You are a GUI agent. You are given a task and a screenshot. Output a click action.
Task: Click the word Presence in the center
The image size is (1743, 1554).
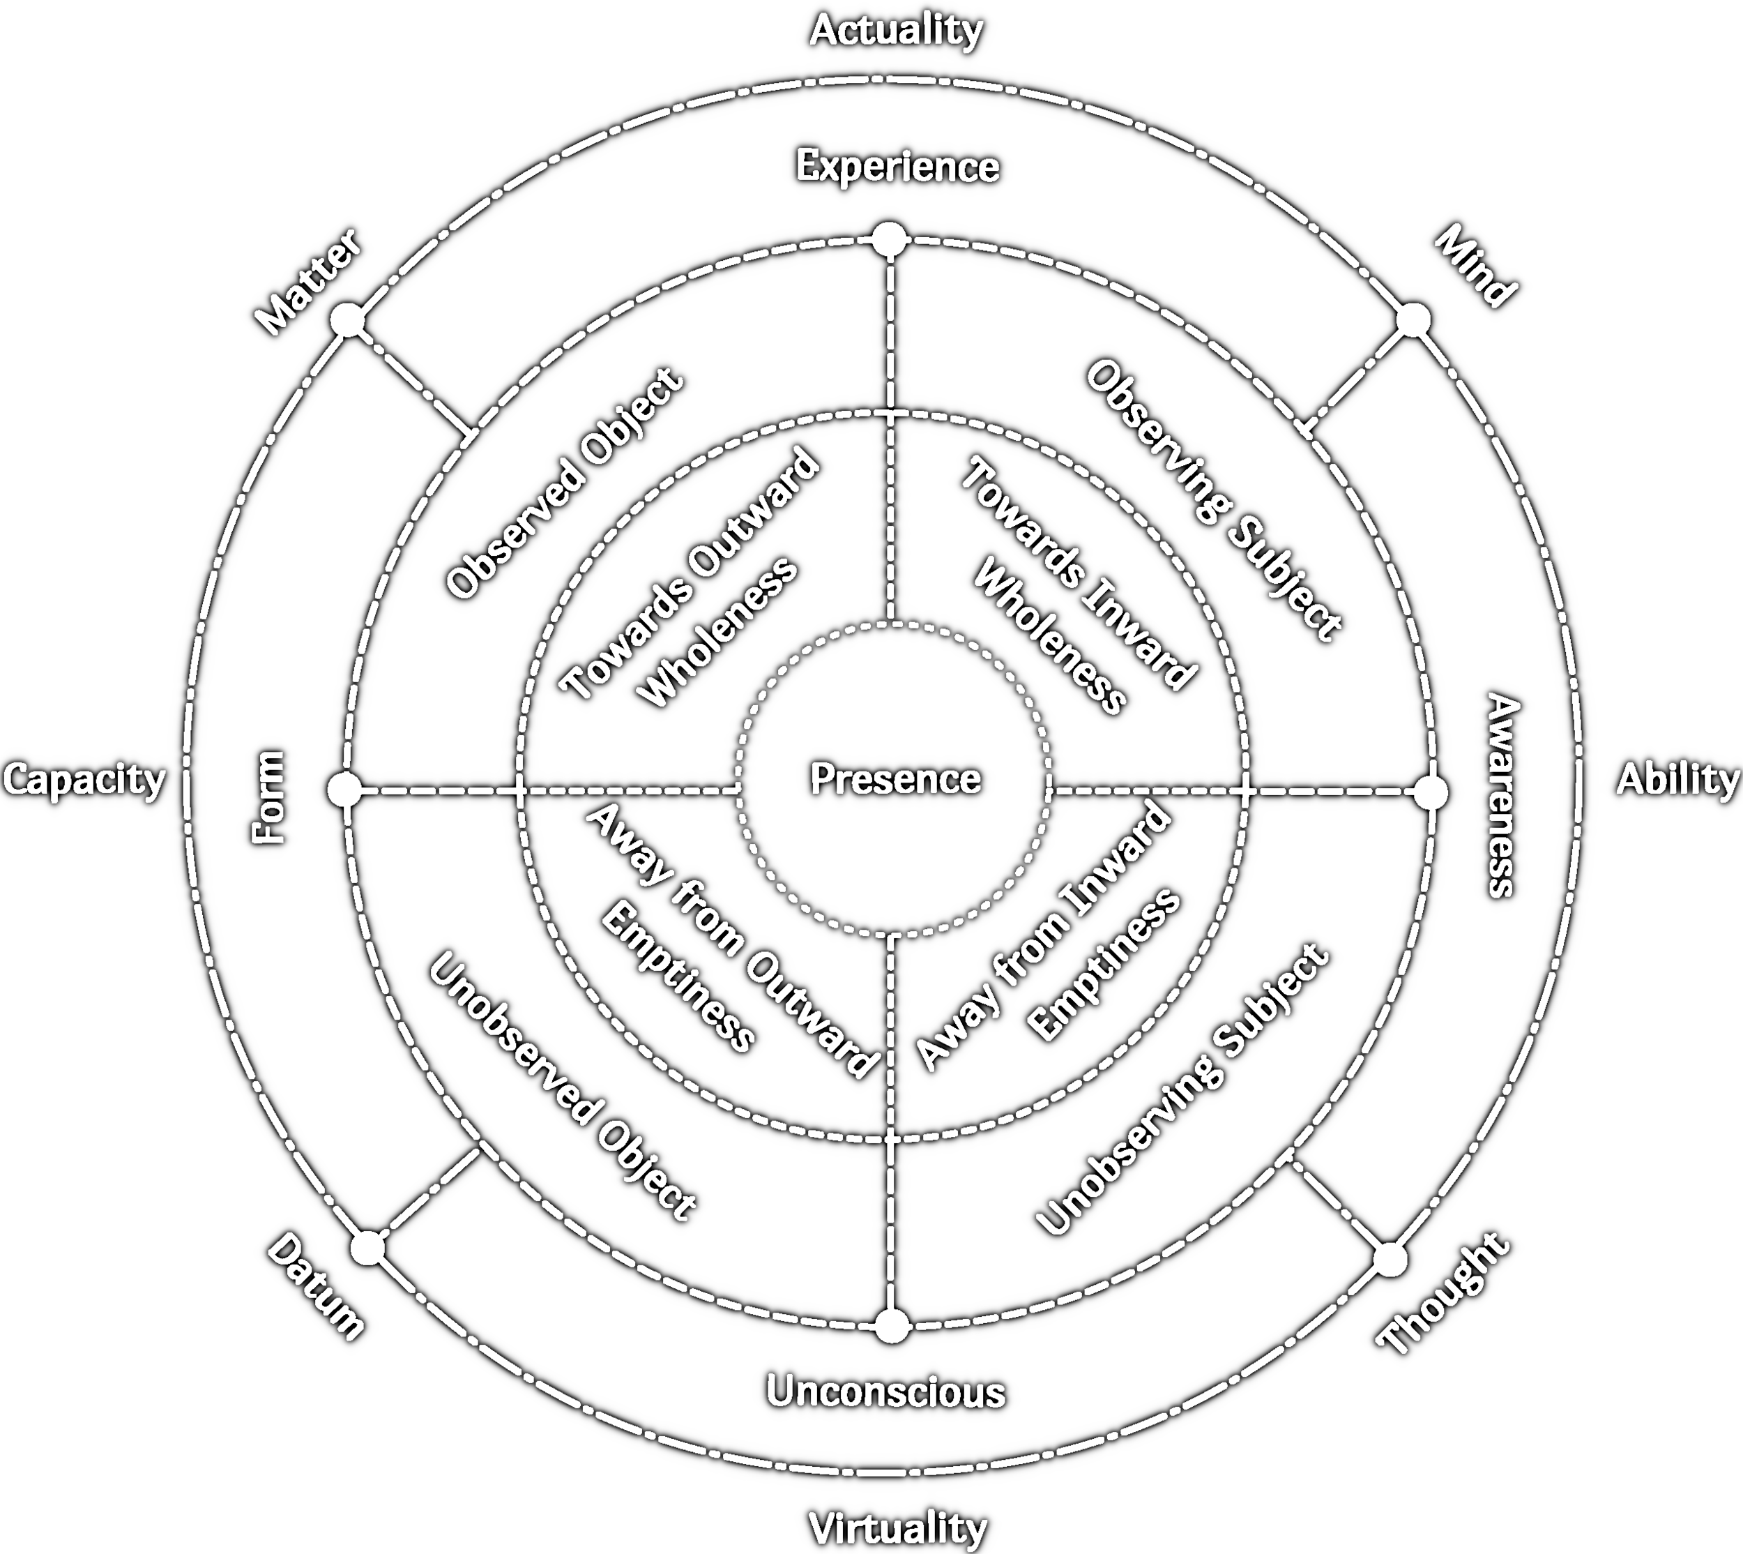895,778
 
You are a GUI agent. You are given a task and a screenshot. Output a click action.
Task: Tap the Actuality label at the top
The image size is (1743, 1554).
897,31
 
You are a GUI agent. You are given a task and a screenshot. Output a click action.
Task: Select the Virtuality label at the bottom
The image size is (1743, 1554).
897,1527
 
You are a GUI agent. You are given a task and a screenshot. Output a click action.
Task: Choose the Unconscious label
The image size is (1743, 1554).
885,1391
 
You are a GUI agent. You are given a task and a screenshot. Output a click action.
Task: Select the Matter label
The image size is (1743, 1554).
309,281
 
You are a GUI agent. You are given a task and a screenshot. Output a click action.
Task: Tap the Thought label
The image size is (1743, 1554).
1443,1294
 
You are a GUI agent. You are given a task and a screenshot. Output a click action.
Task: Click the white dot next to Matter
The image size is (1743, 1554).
349,321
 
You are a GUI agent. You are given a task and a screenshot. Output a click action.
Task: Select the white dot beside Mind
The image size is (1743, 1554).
1413,320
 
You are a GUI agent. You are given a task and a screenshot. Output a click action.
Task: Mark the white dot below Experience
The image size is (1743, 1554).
888,240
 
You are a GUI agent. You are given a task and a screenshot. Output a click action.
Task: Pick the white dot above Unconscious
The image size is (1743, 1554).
893,1326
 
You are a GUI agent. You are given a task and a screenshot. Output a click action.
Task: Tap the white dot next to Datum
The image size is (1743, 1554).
368,1248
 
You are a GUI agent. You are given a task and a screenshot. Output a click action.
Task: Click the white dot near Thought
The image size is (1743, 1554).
1390,1260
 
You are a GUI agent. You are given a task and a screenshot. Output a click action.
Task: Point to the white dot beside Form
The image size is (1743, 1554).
345,790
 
